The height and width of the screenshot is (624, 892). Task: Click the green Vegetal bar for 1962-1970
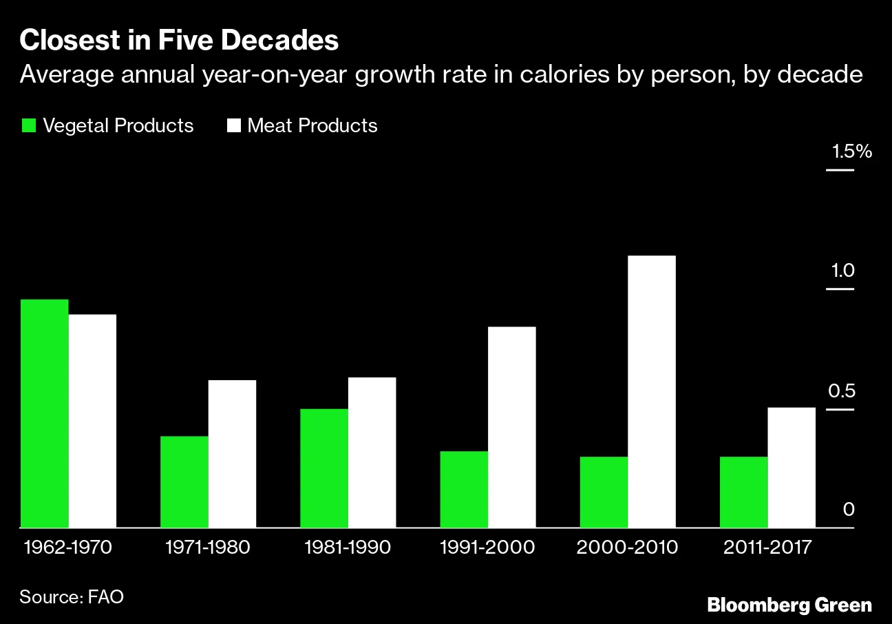[x=44, y=413]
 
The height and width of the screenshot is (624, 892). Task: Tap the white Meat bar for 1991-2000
[x=511, y=427]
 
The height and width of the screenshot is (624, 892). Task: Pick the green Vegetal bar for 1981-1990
[x=324, y=468]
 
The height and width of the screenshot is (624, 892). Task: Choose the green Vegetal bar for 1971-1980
[x=184, y=481]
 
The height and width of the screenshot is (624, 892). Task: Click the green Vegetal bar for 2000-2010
[x=604, y=492]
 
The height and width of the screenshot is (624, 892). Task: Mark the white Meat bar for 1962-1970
[x=92, y=421]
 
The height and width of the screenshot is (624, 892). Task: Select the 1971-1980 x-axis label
[x=208, y=548]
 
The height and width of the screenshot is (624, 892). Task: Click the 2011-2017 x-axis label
[x=767, y=548]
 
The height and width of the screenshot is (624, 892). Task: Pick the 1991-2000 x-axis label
[x=487, y=548]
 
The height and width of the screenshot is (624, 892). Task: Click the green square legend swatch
[x=28, y=126]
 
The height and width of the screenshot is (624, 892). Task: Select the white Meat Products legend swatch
[x=233, y=126]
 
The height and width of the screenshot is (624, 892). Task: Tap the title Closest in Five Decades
[x=179, y=41]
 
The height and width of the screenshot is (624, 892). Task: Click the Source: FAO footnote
[x=72, y=596]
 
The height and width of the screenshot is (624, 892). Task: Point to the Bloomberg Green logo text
[x=789, y=605]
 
